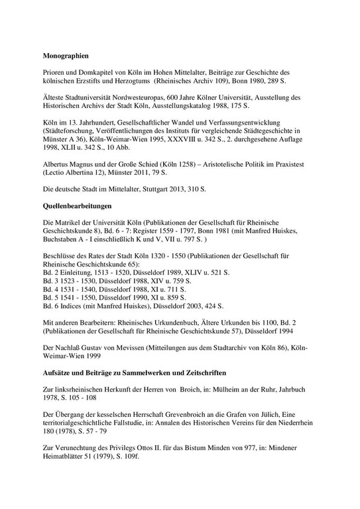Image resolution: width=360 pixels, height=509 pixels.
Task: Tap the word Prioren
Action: point(52,69)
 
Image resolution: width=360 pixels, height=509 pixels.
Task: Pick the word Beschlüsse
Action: point(60,263)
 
